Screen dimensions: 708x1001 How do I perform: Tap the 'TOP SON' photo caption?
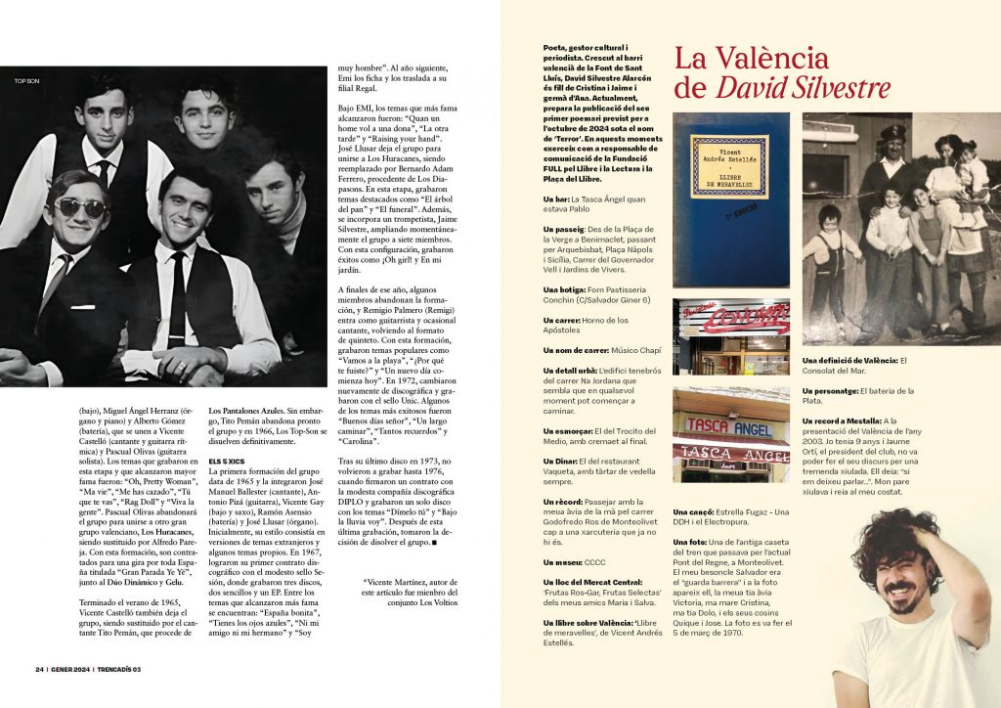(26, 80)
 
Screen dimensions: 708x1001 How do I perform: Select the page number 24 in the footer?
(39, 670)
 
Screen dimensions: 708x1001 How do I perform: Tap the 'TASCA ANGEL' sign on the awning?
(729, 426)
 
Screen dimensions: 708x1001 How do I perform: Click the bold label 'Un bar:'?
(560, 199)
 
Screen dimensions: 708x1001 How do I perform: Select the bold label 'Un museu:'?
(564, 561)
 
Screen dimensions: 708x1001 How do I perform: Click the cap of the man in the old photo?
(893, 133)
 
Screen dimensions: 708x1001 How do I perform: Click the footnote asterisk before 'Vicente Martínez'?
(365, 582)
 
